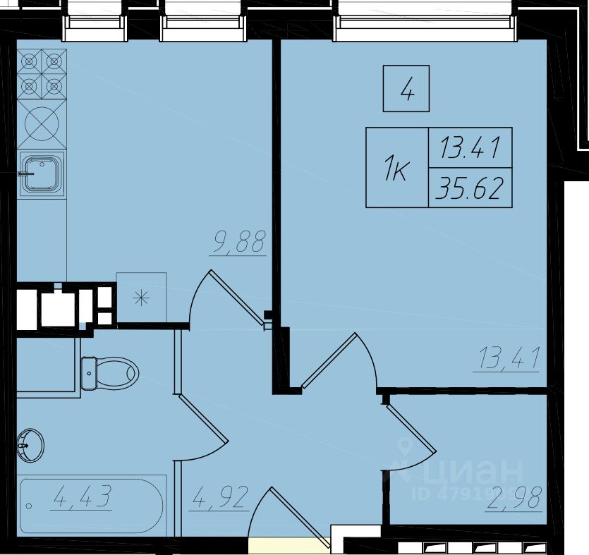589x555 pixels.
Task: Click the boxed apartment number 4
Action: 406,89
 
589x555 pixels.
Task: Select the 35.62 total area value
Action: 470,188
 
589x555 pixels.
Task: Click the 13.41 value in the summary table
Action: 470,147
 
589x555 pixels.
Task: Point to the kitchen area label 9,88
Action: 238,241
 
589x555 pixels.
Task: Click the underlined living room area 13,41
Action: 508,358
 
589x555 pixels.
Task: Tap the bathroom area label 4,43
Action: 82,496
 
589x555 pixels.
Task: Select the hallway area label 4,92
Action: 220,498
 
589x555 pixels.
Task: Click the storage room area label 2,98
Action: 514,498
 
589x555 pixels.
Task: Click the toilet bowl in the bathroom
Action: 109,373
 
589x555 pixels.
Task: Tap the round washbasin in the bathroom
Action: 30,446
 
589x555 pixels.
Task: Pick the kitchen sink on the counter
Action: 42,175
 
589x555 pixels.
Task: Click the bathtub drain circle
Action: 29,506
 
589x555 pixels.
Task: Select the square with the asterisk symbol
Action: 141,298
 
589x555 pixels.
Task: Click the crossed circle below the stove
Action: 42,123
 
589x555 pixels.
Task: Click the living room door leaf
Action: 328,360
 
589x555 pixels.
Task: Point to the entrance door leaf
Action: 300,517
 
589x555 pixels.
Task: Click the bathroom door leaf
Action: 203,418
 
